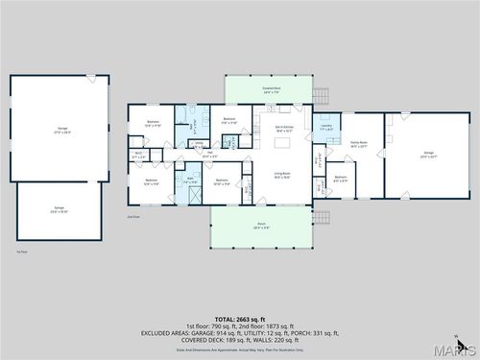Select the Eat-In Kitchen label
[x=283, y=128]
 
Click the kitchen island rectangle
[x=283, y=143]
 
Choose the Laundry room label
[x=325, y=128]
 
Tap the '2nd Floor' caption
[x=133, y=217]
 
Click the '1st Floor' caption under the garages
[x=21, y=251]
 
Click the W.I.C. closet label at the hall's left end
[x=138, y=154]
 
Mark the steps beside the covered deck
[x=320, y=94]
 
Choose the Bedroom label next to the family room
[x=341, y=179]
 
